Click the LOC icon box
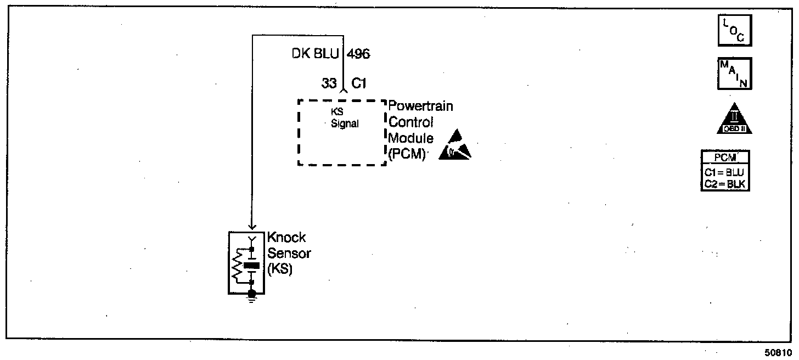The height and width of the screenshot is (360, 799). (734, 31)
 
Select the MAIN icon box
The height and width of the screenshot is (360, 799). (734, 74)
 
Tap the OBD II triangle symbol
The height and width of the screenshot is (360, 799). (734, 120)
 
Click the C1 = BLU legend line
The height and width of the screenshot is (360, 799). (725, 171)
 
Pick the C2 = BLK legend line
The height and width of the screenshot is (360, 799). (725, 183)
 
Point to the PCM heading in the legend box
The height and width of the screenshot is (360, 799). (725, 158)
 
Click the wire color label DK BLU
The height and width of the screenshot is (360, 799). (316, 54)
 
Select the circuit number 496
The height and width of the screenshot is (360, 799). (358, 54)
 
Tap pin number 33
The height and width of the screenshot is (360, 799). (329, 84)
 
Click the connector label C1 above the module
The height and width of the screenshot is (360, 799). (359, 84)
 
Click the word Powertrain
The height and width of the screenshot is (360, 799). (421, 106)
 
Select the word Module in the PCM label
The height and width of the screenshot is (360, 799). (411, 138)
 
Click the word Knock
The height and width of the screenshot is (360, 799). (286, 238)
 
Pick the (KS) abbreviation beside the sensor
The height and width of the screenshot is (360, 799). (279, 270)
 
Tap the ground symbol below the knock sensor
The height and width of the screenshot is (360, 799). (252, 297)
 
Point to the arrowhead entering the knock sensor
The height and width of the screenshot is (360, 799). (252, 226)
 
